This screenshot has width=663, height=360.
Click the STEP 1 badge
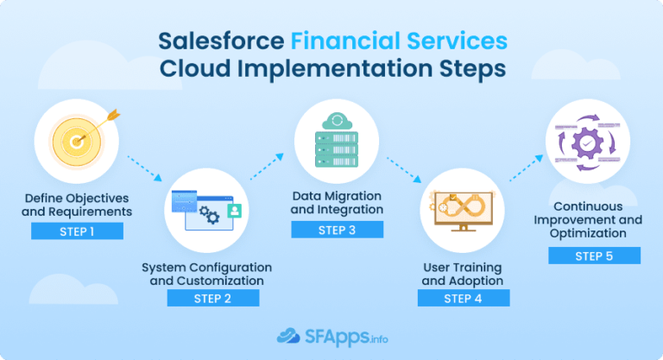point(77,231)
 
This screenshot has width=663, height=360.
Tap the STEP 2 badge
point(212,298)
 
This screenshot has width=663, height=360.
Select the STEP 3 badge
point(336,230)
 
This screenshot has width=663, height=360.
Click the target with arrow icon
point(76,139)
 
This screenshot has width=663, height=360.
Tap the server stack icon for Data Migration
point(336,142)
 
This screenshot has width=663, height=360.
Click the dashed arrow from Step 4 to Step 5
point(527,168)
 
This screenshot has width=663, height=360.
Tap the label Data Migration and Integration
point(336,202)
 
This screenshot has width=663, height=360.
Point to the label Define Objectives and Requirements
point(77,204)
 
